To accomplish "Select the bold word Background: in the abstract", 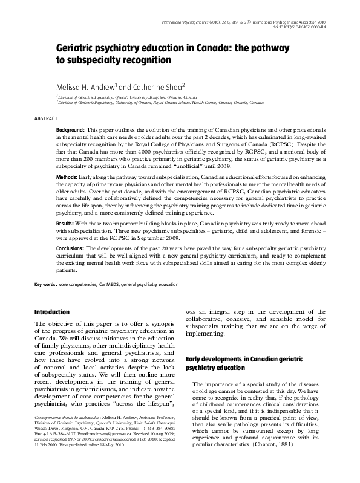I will (x=70, y=131).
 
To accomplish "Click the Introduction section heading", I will (x=52, y=313).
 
